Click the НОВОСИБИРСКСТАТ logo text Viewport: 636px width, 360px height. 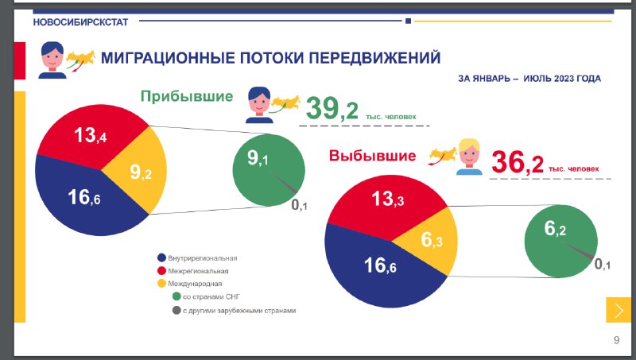pyautogui.click(x=80, y=22)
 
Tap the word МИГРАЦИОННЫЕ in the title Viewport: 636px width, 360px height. pyautogui.click(x=168, y=58)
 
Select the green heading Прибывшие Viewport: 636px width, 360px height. pyautogui.click(x=187, y=96)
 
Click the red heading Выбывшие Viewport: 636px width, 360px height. pyautogui.click(x=372, y=156)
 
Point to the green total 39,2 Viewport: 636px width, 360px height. pyautogui.click(x=332, y=109)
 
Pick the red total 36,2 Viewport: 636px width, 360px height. pyautogui.click(x=518, y=162)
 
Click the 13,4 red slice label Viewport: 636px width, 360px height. pyautogui.click(x=90, y=135)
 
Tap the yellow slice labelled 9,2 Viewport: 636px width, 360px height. pyautogui.click(x=138, y=170)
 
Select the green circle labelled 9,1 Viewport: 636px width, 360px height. pyautogui.click(x=269, y=170)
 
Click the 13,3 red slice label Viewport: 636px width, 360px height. pyautogui.click(x=387, y=199)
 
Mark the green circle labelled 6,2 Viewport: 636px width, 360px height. pyautogui.click(x=560, y=242)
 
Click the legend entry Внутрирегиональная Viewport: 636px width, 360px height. pyautogui.click(x=197, y=257)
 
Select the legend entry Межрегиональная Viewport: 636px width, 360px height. pyautogui.click(x=193, y=271)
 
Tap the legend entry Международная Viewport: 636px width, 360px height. pyautogui.click(x=190, y=284)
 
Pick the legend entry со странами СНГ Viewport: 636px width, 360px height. pyautogui.click(x=206, y=296)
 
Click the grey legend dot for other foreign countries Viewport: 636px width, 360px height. pyautogui.click(x=176, y=311)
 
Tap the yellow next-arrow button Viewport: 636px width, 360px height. pyautogui.click(x=619, y=310)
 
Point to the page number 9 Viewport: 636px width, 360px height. pyautogui.click(x=617, y=340)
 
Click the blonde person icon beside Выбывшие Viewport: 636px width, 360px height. pyautogui.click(x=469, y=157)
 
